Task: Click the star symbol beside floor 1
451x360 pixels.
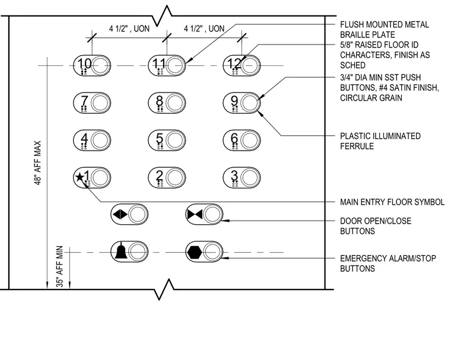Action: click(x=80, y=177)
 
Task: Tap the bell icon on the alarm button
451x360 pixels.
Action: click(x=121, y=251)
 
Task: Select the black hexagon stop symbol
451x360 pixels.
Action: click(x=195, y=252)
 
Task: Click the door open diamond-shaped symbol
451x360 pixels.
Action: click(x=120, y=214)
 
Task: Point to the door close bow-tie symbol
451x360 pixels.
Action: click(x=195, y=214)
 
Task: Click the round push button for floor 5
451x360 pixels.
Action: click(x=174, y=141)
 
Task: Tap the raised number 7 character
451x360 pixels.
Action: click(x=84, y=100)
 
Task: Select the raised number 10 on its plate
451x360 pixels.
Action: click(x=84, y=63)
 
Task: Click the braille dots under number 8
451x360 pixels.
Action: click(x=160, y=109)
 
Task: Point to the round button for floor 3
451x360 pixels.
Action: click(x=249, y=178)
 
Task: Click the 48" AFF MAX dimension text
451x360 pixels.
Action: click(x=38, y=163)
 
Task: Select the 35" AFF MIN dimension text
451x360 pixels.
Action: click(x=59, y=266)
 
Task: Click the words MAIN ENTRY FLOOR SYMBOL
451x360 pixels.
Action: click(x=392, y=202)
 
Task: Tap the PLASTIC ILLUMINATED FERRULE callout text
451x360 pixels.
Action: click(x=380, y=141)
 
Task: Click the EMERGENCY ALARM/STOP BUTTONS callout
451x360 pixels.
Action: click(x=388, y=263)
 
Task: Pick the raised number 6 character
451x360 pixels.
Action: click(x=234, y=138)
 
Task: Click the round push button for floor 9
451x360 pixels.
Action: click(x=249, y=103)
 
